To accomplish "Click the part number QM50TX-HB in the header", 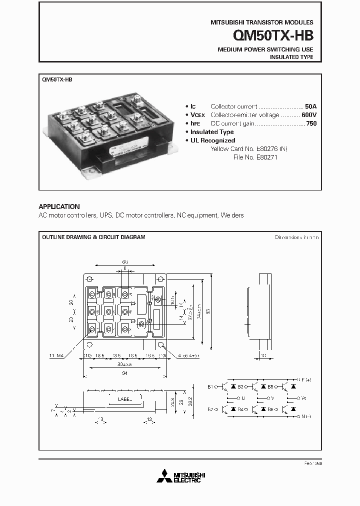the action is click(x=273, y=36).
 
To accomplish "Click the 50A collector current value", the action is click(x=310, y=106).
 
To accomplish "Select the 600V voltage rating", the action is click(x=309, y=115).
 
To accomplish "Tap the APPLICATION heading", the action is click(x=59, y=206).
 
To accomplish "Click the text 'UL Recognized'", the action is click(x=212, y=140).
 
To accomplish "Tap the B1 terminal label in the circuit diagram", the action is click(x=210, y=386).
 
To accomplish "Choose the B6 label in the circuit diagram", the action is click(x=270, y=409).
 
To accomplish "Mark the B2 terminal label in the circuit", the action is click(x=210, y=409).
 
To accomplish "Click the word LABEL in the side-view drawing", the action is click(x=125, y=399).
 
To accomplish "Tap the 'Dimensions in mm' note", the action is click(x=296, y=237).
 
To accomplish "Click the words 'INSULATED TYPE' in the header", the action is click(x=291, y=57).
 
